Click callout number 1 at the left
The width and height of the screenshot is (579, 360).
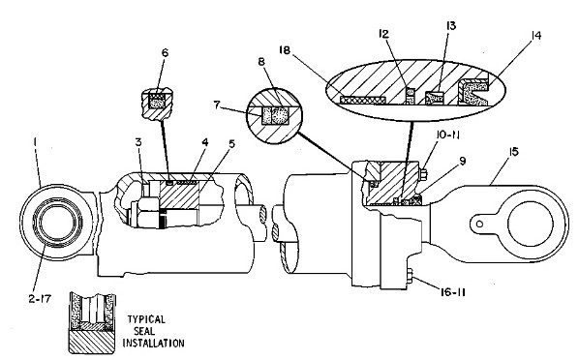pos(35,141)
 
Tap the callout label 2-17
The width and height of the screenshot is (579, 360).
pos(40,299)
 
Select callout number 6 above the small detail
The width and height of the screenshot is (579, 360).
pos(165,53)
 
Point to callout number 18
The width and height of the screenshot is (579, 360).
pos(285,50)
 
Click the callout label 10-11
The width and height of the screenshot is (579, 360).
pos(446,135)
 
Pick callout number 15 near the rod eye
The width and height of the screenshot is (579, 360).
pos(513,152)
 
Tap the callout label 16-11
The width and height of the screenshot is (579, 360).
pos(453,292)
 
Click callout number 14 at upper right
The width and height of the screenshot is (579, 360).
pos(535,36)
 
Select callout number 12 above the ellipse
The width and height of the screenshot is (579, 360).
pos(383,34)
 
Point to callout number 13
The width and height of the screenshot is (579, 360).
pos(451,25)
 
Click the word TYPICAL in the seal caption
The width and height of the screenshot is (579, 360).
pos(146,319)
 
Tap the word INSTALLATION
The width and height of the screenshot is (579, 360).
pos(153,343)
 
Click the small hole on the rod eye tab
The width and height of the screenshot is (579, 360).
pos(479,224)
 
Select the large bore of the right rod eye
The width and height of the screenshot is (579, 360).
pos(531,224)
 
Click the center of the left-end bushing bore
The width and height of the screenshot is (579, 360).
pos(56,223)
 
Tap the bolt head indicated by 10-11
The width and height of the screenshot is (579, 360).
pos(423,174)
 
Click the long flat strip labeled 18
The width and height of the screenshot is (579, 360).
pos(363,100)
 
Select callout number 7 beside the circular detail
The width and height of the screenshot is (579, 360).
pos(217,105)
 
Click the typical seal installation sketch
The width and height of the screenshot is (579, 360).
pos(92,323)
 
